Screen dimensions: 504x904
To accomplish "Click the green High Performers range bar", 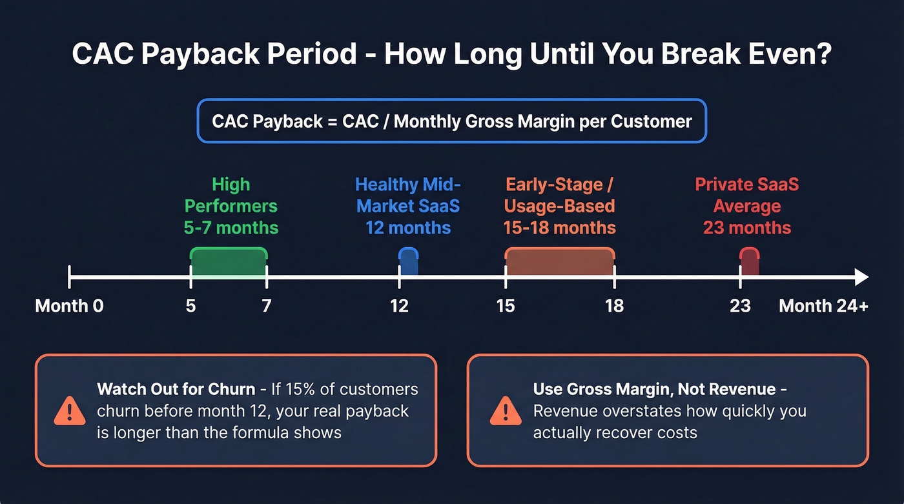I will click(229, 262).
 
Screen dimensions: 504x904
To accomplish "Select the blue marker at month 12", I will click(408, 262).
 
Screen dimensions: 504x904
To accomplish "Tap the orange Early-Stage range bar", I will click(560, 262).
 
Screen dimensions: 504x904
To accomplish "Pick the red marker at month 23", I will click(749, 262).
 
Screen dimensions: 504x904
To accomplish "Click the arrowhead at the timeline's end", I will click(861, 277).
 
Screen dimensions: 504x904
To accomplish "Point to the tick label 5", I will click(190, 305).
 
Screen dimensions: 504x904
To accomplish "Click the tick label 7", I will click(266, 305).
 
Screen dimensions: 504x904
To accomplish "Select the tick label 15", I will click(506, 305).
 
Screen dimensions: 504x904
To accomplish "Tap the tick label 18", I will click(614, 305).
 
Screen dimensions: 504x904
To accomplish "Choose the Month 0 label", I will click(69, 305).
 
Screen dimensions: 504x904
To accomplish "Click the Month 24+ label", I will click(823, 305).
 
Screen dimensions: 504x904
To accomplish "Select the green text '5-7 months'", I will click(231, 228).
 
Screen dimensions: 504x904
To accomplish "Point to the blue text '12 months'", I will click(408, 228).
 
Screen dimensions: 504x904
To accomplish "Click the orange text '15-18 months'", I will click(560, 228).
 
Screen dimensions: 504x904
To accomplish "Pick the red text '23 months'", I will click(747, 228).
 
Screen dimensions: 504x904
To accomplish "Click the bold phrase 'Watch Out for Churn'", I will click(176, 389).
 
